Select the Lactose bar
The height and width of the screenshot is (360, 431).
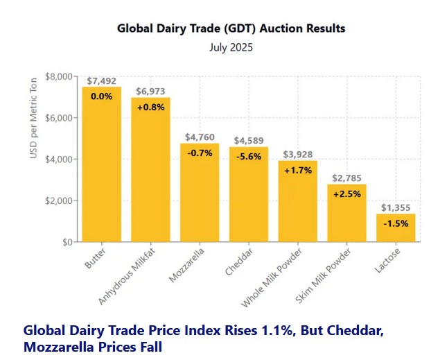click(396, 229)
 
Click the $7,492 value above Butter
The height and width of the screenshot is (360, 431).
click(101, 80)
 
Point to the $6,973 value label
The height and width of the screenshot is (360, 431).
click(150, 92)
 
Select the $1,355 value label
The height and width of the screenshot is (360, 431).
click(396, 207)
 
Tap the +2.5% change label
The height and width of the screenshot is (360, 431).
click(346, 194)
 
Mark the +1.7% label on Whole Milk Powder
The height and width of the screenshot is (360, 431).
click(298, 171)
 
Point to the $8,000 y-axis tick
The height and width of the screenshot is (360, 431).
click(60, 76)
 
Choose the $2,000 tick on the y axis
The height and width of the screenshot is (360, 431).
click(60, 200)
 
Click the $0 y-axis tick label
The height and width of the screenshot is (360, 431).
click(68, 242)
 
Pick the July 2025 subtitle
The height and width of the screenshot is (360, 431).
click(231, 48)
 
